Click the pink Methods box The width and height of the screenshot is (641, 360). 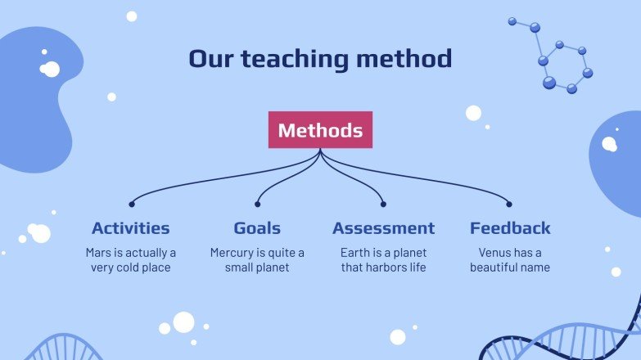[320, 130]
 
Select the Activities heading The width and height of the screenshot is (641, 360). [131, 228]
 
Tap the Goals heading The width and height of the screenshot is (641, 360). [257, 228]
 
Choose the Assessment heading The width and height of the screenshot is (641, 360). [383, 228]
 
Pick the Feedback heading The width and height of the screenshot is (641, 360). [509, 228]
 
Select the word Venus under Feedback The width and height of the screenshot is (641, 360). [494, 253]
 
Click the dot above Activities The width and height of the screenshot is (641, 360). [131, 204]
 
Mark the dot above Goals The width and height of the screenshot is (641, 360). [257, 204]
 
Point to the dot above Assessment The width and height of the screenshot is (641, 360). [383, 204]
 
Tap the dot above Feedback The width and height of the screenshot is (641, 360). [509, 204]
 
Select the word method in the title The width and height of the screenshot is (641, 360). [409, 59]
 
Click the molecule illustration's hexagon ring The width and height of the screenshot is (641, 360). [565, 65]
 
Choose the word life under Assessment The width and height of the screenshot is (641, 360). [416, 268]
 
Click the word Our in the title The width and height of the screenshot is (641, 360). [211, 59]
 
